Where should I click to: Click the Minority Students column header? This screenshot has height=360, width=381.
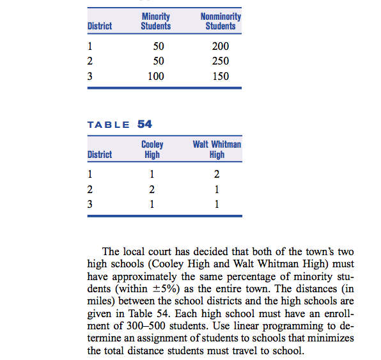(x=155, y=21)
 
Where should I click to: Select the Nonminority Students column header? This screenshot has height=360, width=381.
(x=221, y=21)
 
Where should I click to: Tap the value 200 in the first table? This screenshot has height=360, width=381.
(x=220, y=47)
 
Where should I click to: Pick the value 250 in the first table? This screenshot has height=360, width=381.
(x=220, y=61)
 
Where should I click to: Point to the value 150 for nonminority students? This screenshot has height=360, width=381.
(x=220, y=76)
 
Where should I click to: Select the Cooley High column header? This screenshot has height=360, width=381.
(x=152, y=149)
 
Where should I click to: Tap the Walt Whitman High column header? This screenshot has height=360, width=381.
(x=217, y=149)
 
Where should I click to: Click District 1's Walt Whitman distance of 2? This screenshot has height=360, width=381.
(x=217, y=175)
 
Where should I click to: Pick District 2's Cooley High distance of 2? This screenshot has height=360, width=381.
(x=152, y=189)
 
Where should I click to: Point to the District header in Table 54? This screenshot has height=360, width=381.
(x=99, y=154)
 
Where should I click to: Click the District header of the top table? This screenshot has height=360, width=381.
(x=99, y=26)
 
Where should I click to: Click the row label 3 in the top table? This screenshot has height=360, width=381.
(x=90, y=76)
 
